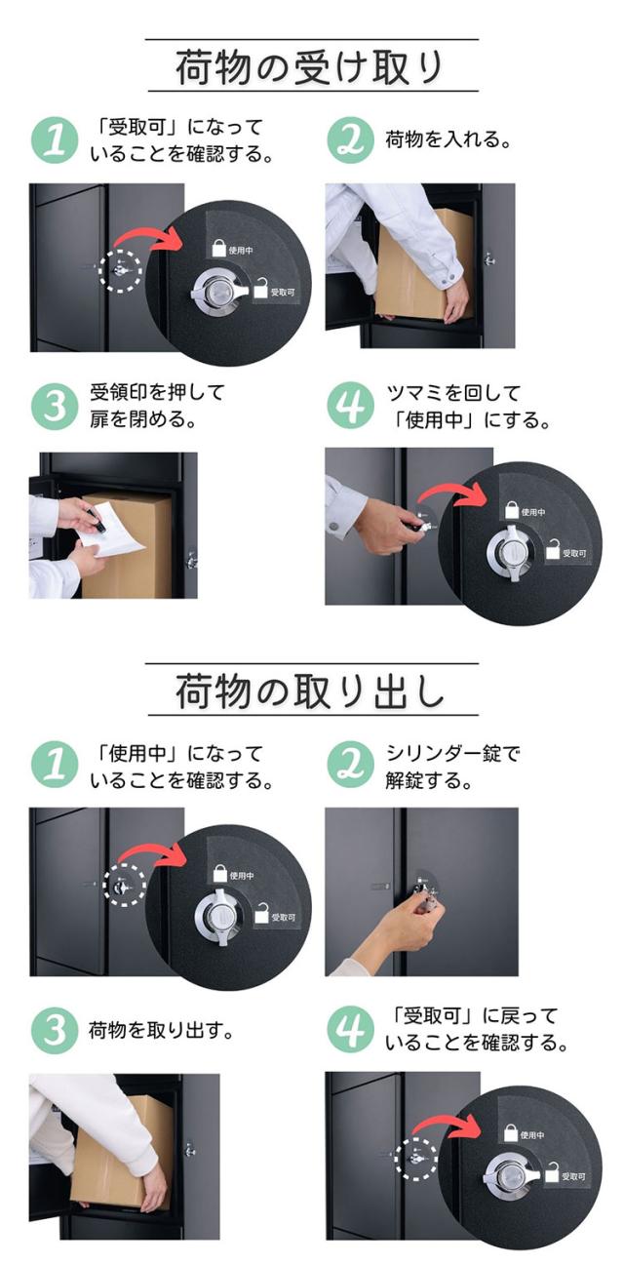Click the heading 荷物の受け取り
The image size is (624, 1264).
click(x=309, y=66)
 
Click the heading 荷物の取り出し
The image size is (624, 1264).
click(x=309, y=691)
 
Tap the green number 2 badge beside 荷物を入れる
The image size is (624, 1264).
click(x=350, y=139)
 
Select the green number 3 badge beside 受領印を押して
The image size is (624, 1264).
click(x=55, y=407)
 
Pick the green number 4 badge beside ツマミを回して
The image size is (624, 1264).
click(x=350, y=407)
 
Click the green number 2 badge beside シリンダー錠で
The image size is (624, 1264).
click(x=350, y=766)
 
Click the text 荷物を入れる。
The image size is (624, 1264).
click(x=448, y=138)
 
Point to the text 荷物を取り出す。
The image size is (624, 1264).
click(x=162, y=1030)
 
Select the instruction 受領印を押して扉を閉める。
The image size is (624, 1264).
click(x=157, y=406)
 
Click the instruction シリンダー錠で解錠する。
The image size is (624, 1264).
click(x=452, y=767)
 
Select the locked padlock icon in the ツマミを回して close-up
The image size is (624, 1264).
click(x=511, y=509)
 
